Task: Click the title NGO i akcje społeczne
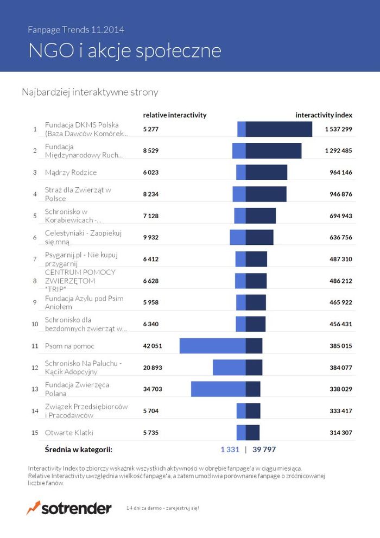125,50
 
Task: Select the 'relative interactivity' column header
174,115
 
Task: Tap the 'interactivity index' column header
324,115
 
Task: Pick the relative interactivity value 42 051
153,346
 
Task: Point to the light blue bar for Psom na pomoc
212,346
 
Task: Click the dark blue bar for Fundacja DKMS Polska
278,129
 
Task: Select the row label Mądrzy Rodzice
71,173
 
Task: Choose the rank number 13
35,389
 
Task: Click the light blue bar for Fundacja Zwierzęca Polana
218,389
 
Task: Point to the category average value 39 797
264,450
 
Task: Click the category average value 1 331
230,450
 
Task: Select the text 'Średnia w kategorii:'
78,450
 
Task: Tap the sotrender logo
69,508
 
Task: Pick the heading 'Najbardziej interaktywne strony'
90,92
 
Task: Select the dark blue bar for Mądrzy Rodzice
266,173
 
